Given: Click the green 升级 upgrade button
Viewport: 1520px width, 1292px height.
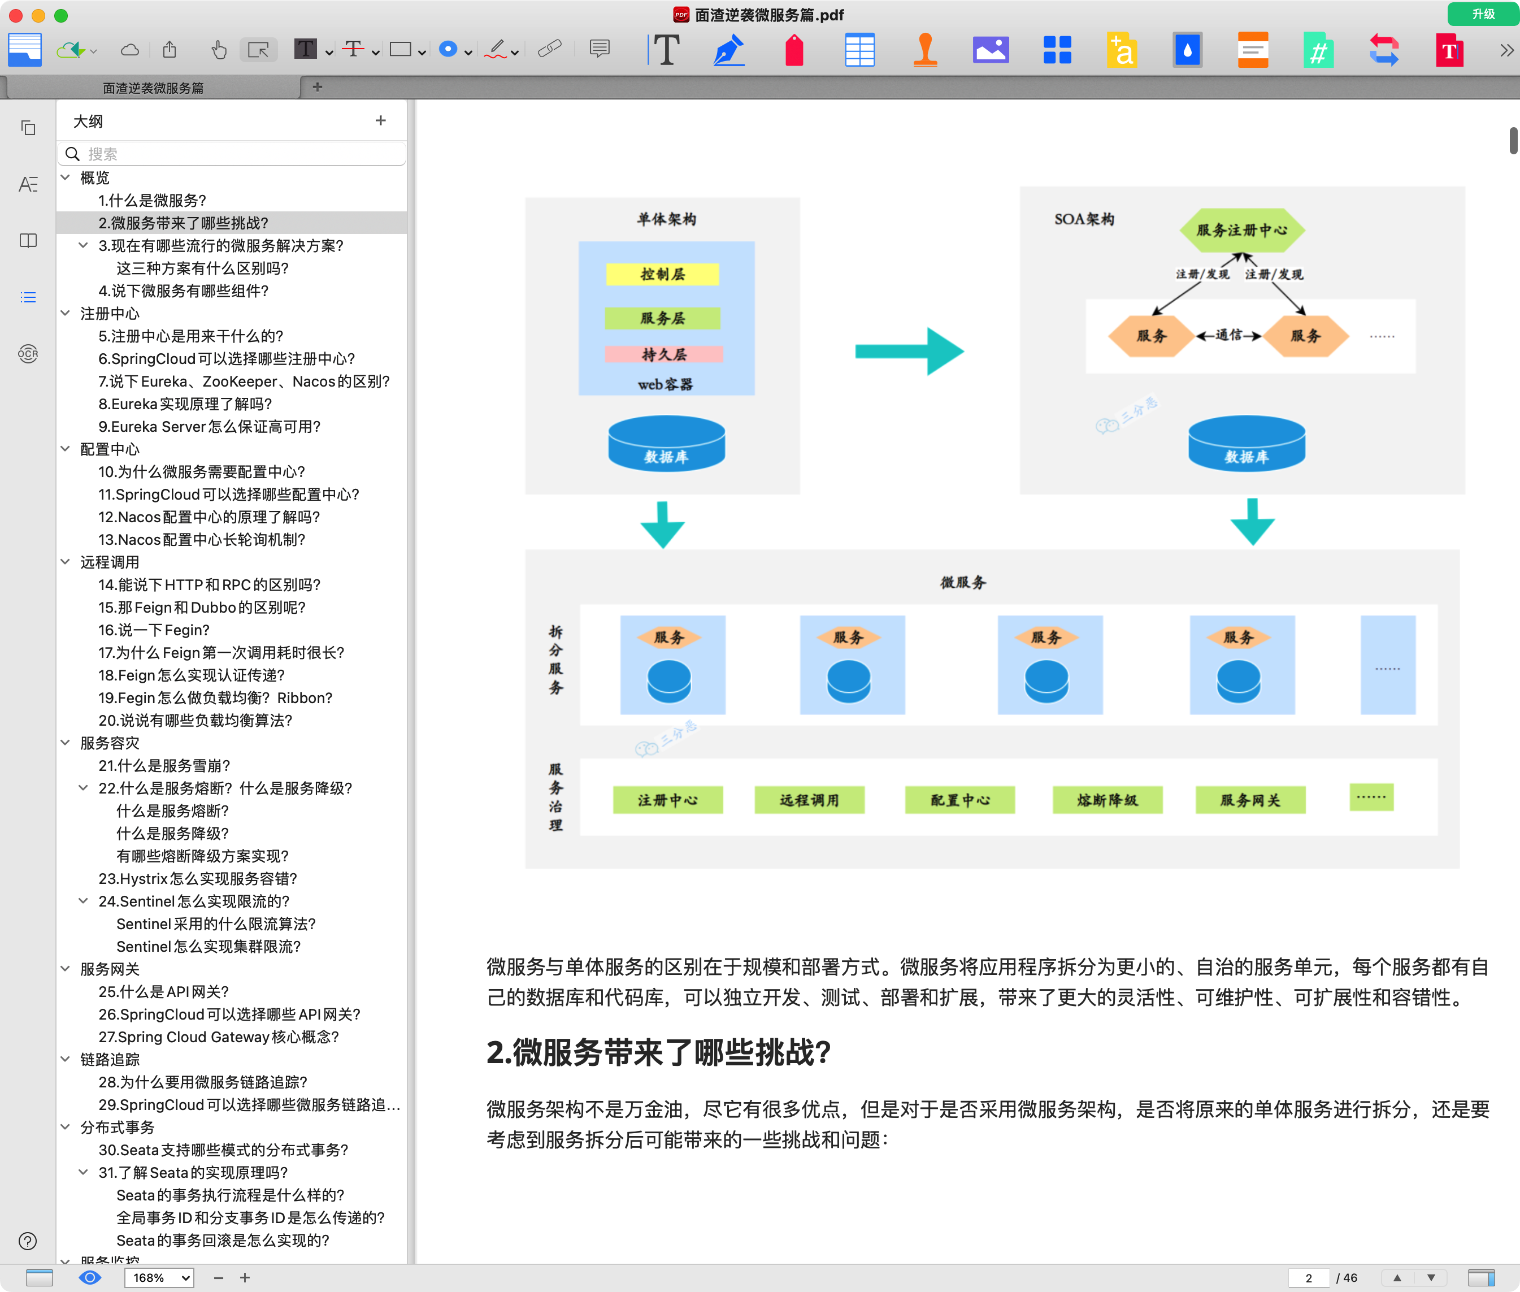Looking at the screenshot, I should (1483, 14).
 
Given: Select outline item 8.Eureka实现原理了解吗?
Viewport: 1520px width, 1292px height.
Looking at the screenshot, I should (185, 404).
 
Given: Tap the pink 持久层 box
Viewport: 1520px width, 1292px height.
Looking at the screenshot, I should (663, 354).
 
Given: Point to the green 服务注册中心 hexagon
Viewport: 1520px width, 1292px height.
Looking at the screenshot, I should (1242, 230).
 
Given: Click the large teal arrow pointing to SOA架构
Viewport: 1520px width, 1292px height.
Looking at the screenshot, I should (909, 352).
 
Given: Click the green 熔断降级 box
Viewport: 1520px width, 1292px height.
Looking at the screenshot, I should (1107, 800).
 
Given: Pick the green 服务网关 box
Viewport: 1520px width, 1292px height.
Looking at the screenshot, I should (1250, 800).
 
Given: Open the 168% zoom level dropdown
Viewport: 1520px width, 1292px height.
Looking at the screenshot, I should (158, 1277).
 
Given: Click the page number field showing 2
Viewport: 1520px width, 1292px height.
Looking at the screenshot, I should (1309, 1277).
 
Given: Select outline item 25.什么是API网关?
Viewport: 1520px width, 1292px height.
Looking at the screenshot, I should (163, 991).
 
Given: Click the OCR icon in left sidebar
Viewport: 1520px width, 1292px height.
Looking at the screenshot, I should (28, 354).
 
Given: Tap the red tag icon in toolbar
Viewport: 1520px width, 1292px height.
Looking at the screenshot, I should (794, 50).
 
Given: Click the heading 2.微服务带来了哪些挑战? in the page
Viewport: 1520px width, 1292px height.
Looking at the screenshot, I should (658, 1052).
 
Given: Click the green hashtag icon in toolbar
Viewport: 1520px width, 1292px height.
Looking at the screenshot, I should (1317, 50).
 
